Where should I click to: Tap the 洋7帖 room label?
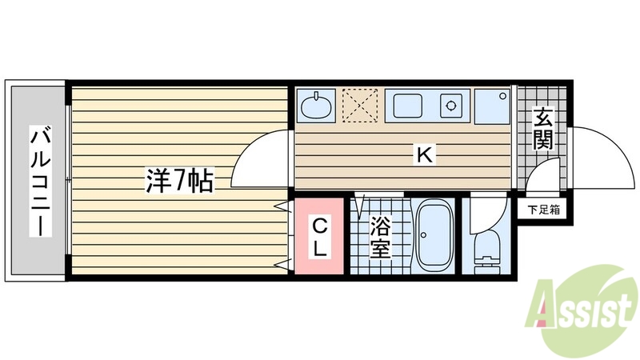[x=178, y=182]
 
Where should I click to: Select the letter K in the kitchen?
[x=425, y=154]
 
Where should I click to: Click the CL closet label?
[x=318, y=236]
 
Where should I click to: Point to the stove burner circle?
[x=453, y=105]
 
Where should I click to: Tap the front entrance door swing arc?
[x=602, y=156]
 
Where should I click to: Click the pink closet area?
[x=318, y=237]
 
